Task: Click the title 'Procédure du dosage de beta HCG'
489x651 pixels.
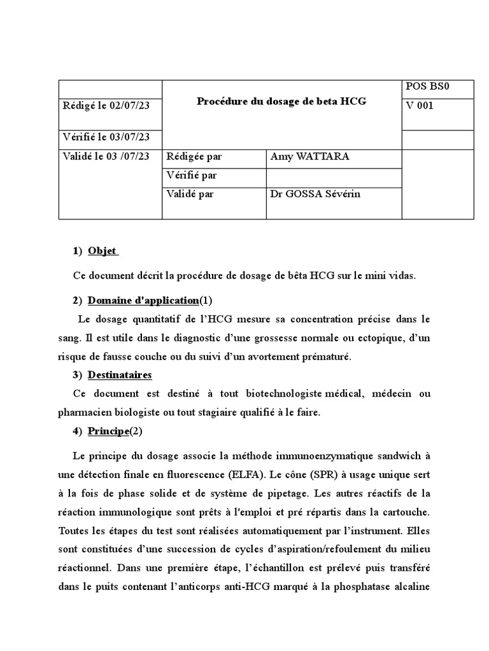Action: (x=281, y=101)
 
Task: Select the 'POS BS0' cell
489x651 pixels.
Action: (x=427, y=86)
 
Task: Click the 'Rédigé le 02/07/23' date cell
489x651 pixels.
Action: (x=106, y=106)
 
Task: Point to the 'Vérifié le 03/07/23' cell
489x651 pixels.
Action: (x=106, y=137)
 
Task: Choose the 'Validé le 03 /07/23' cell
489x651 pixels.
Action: (x=106, y=156)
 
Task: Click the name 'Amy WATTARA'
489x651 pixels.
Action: (x=309, y=156)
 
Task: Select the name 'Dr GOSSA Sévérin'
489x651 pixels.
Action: (x=315, y=194)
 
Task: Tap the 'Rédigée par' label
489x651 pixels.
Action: (x=194, y=156)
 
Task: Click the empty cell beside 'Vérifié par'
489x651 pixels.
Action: (x=334, y=175)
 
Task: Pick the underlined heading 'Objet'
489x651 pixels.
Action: (x=103, y=250)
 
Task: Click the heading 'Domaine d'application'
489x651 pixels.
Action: (x=143, y=300)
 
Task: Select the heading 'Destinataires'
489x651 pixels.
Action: (x=120, y=375)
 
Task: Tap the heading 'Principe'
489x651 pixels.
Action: (x=108, y=431)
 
